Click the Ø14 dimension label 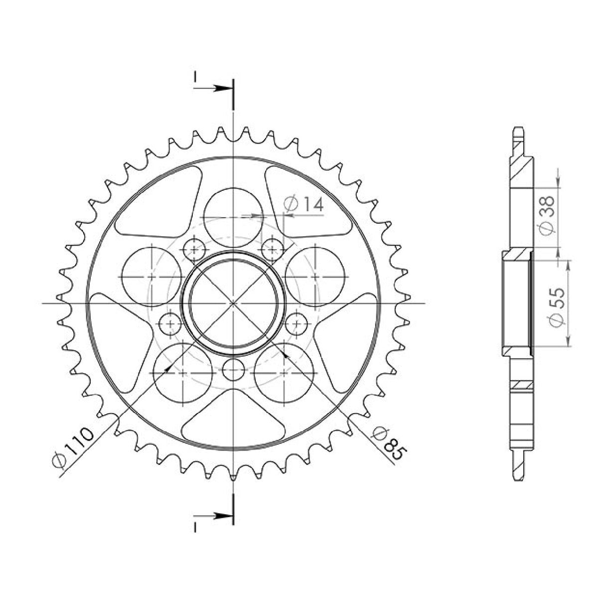pos(303,204)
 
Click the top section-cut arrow pos(215,89)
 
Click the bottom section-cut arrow pos(215,515)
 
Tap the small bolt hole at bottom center pos(233,369)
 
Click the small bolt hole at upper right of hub pos(273,249)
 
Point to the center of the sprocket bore pos(233,303)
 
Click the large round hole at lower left pos(183,372)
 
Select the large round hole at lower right pos(284,372)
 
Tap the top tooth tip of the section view pos(518,131)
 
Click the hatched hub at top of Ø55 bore pos(517,256)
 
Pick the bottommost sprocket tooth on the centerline pos(233,477)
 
